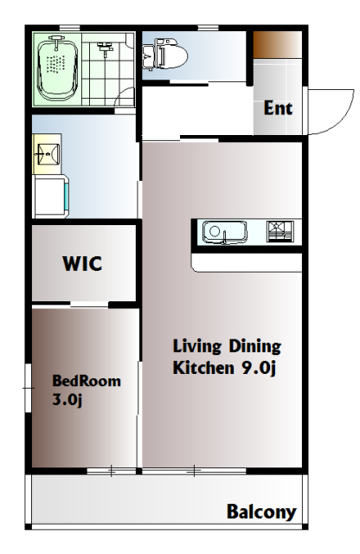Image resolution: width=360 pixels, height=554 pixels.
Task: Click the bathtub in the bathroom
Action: [57, 68]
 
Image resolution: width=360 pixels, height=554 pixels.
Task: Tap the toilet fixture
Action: [164, 55]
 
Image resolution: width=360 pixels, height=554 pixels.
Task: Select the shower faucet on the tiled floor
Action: [104, 49]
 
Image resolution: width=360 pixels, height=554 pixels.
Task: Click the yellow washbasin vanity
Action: [47, 154]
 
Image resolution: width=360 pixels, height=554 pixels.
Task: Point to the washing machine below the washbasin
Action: [50, 196]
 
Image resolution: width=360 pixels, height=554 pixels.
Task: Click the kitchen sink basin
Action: [224, 232]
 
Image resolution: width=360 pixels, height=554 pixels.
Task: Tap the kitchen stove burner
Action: [280, 231]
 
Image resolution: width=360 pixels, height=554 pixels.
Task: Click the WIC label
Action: [82, 263]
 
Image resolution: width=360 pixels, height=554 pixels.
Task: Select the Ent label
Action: [278, 108]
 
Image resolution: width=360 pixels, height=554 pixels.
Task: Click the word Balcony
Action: [261, 512]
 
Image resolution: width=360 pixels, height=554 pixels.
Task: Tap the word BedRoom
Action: [87, 381]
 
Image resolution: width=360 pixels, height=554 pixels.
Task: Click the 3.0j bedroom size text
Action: [67, 400]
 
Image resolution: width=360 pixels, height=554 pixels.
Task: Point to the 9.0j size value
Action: [258, 368]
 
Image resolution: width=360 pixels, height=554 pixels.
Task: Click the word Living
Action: [197, 347]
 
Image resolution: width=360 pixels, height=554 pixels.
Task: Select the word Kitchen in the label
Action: [203, 367]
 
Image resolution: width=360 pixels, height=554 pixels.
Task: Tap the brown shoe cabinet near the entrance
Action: [278, 44]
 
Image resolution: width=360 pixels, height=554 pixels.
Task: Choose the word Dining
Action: [255, 347]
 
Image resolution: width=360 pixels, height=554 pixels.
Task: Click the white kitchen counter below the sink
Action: [247, 262]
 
